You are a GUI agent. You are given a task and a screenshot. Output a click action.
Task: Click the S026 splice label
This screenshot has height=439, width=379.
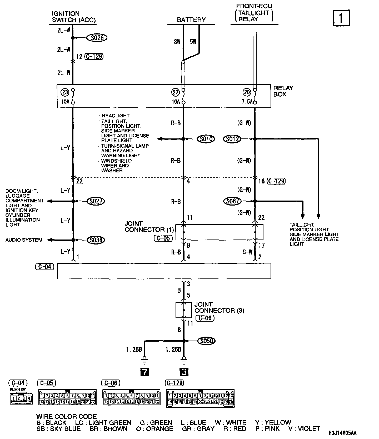coord(97,38)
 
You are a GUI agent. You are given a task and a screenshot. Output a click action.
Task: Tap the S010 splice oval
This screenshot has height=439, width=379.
coord(206,139)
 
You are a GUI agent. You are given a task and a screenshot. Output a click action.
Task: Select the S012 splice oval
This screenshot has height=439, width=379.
coord(232,139)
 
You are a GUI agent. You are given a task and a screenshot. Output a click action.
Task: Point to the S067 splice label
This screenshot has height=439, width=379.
coord(232,201)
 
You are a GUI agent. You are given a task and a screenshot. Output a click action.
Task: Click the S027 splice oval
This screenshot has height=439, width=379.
coord(96,201)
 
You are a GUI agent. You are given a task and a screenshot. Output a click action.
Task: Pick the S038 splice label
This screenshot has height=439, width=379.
coord(96,240)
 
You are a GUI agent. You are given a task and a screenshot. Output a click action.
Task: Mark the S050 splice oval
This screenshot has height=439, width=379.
coord(206,341)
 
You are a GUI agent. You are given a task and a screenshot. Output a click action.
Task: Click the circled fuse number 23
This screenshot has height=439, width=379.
coord(64,92)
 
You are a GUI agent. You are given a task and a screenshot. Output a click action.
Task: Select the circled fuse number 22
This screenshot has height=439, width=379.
coord(175,92)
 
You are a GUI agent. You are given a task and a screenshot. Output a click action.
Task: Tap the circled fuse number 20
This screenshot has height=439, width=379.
coord(247,92)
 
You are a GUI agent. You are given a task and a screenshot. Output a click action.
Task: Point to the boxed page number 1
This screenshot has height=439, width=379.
coord(342,18)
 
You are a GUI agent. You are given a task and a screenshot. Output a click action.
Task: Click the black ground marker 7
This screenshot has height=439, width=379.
coord(145,372)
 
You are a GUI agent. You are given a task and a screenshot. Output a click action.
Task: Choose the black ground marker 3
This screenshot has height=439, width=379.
coord(184,372)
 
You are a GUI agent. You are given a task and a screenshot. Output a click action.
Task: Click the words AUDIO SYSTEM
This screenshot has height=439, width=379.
coord(24,240)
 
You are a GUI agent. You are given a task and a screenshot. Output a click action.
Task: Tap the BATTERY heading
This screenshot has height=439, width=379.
coord(191,20)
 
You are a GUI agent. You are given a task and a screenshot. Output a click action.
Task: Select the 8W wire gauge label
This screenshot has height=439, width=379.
coord(177,42)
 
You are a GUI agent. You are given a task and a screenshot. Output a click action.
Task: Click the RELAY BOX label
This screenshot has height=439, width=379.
coord(283,91)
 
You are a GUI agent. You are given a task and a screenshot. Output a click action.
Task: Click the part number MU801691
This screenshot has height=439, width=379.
coord(18,390)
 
